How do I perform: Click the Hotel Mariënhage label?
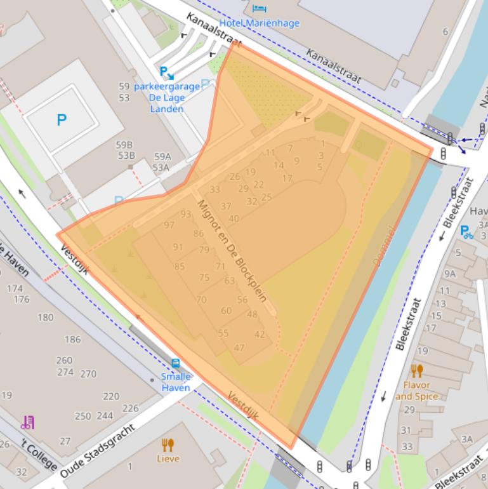(259, 23)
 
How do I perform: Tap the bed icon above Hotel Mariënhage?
(259, 8)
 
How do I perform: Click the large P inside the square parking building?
(62, 119)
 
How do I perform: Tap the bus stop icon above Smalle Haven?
(175, 364)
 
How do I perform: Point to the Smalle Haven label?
(175, 382)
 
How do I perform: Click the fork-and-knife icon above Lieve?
(168, 445)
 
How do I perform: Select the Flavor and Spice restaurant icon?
(417, 371)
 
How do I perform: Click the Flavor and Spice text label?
(417, 391)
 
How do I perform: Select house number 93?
(186, 214)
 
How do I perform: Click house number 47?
(239, 347)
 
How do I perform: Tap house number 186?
(73, 339)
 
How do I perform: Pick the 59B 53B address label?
(126, 150)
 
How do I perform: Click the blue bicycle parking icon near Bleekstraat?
(466, 232)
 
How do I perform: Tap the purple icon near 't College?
(27, 422)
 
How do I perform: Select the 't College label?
(38, 453)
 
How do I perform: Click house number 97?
(169, 225)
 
